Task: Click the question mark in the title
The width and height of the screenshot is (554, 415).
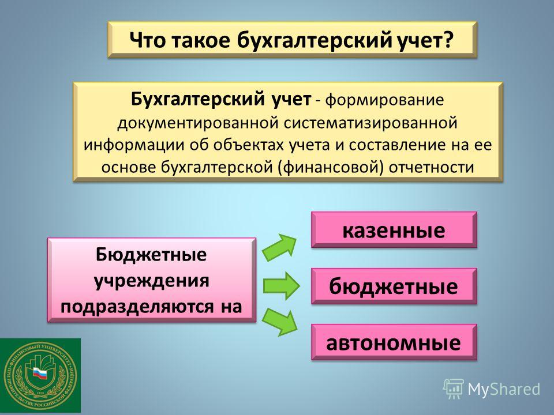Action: pos(447,40)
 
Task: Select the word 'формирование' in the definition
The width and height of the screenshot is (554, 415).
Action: pos(384,100)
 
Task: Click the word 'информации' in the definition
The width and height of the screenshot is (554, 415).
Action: pos(134,145)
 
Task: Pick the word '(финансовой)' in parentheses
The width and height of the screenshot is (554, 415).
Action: pos(331,167)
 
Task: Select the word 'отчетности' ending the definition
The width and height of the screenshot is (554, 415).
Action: pos(432,167)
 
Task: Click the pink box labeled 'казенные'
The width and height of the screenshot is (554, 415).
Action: pos(394,230)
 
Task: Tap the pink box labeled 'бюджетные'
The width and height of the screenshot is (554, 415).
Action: pos(394,286)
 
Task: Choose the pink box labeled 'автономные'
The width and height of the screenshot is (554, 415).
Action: pos(394,342)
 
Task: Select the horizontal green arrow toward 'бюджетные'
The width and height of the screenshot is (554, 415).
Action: pos(281,286)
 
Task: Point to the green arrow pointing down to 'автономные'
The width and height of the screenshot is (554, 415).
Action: pos(280,322)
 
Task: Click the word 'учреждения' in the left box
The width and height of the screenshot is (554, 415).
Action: pos(152,281)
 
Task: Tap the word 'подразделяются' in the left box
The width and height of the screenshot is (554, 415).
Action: pos(137,306)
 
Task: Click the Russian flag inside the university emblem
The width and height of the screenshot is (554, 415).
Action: pos(40,373)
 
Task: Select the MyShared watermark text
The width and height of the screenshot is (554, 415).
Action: pos(504,389)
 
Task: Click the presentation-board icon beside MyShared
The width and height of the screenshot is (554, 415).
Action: pos(454,389)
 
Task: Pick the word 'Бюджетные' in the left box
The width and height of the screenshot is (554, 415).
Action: pos(151,255)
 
